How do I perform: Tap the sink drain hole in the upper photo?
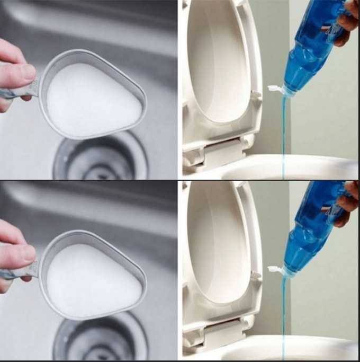[x=101, y=159]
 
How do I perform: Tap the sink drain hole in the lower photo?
[x=101, y=339]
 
